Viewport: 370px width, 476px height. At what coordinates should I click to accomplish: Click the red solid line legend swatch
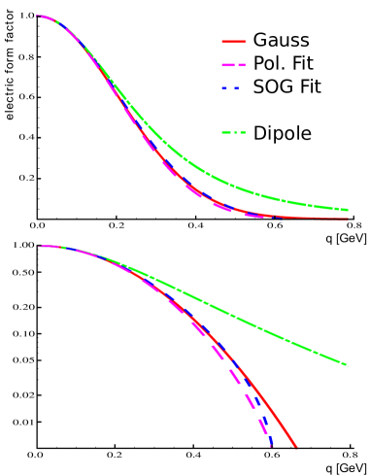(x=233, y=42)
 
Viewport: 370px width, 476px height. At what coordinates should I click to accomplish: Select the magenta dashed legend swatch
(x=233, y=65)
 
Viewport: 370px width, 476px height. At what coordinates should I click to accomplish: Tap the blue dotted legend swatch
(x=230, y=88)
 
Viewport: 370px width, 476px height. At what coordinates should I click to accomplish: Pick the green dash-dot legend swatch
(x=233, y=132)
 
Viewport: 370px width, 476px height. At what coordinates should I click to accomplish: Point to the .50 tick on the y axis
(x=26, y=272)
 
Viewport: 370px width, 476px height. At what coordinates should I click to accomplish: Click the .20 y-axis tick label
(x=26, y=307)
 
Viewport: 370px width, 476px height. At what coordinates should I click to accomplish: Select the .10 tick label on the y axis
(x=26, y=333)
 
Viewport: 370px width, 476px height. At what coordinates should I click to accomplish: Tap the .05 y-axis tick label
(x=26, y=359)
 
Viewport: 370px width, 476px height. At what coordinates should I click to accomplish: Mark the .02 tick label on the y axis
(x=26, y=395)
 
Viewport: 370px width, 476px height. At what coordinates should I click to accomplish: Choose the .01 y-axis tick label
(x=26, y=422)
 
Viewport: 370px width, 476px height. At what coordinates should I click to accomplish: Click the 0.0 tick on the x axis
(x=36, y=455)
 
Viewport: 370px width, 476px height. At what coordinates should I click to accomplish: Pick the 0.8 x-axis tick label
(x=348, y=455)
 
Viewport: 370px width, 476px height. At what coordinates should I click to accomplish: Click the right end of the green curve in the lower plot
(x=347, y=365)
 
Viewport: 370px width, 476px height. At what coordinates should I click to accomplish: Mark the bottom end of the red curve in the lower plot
(x=295, y=447)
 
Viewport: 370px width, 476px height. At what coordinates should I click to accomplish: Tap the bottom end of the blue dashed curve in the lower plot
(x=273, y=447)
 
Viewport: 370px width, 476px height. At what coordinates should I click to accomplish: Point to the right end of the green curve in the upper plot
(x=348, y=209)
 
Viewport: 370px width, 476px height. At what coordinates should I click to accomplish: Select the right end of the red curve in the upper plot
(x=348, y=219)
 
